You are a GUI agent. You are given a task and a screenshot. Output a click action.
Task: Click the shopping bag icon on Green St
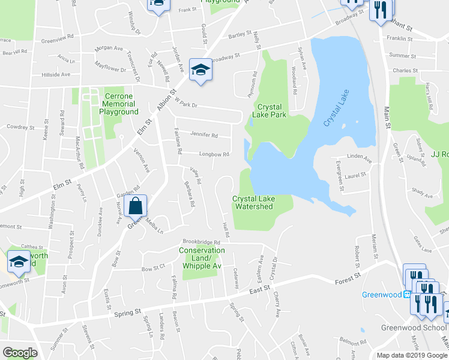[x=137, y=206]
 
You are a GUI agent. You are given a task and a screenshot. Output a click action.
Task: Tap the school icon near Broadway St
[x=200, y=70]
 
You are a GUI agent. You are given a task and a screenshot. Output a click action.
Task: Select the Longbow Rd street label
[x=214, y=154]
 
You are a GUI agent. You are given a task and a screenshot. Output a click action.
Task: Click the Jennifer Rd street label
[x=203, y=134]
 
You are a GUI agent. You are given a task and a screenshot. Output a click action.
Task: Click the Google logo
[x=19, y=353]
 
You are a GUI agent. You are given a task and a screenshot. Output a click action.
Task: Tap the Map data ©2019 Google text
[x=411, y=355]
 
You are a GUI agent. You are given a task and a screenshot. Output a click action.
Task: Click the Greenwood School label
[x=414, y=328]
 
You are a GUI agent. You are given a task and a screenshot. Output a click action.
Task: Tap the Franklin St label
[x=401, y=38]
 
